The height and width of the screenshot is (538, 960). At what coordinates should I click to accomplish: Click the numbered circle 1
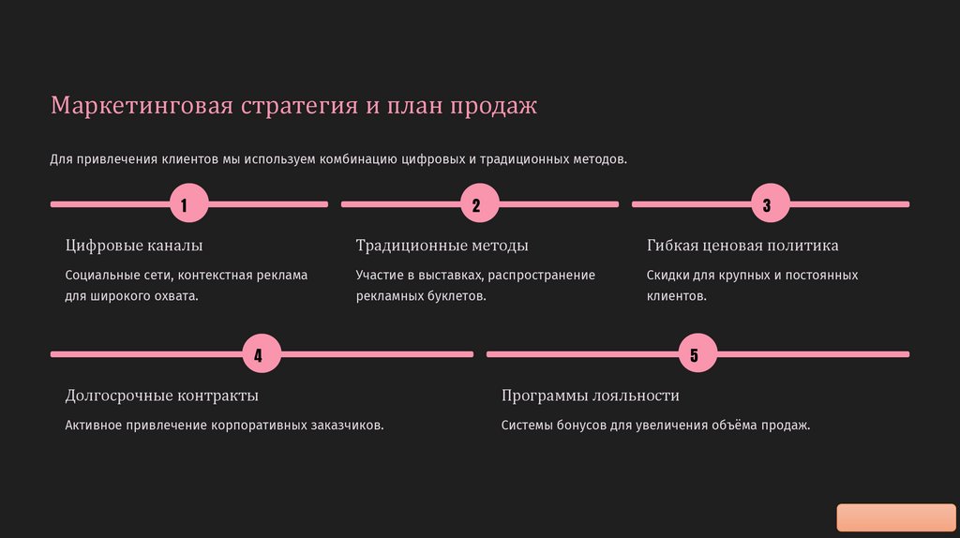tap(184, 204)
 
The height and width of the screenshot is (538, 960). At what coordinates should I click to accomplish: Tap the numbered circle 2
tap(475, 204)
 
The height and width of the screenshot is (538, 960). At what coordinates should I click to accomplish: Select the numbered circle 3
tap(766, 204)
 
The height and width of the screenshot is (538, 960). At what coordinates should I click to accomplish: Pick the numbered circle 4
tap(258, 354)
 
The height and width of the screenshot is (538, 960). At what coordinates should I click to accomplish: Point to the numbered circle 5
tap(694, 354)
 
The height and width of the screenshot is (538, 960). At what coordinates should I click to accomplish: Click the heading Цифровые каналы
tap(134, 246)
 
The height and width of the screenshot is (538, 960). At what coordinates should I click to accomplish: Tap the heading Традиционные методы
tap(442, 246)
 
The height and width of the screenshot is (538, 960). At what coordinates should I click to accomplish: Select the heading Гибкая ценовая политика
tap(742, 246)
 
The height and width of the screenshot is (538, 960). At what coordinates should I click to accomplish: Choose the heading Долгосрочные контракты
tap(161, 396)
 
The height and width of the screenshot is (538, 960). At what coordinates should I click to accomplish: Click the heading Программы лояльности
tap(590, 396)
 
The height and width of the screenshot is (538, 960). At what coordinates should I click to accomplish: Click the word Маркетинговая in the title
tap(141, 105)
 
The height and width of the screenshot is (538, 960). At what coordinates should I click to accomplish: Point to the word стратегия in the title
tap(299, 105)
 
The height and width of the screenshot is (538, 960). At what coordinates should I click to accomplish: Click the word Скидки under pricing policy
tap(668, 276)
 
